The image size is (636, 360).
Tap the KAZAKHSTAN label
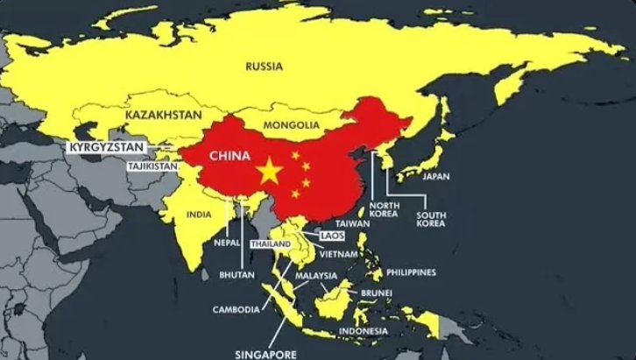tap(164, 115)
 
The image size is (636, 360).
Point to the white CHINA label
tap(232, 153)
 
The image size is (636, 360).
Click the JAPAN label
tap(436, 176)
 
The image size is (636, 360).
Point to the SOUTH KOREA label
tap(433, 217)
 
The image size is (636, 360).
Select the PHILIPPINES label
tap(408, 272)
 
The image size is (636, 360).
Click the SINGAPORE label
tap(264, 353)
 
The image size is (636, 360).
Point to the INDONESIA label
tap(364, 330)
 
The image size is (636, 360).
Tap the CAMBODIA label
tap(235, 309)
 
